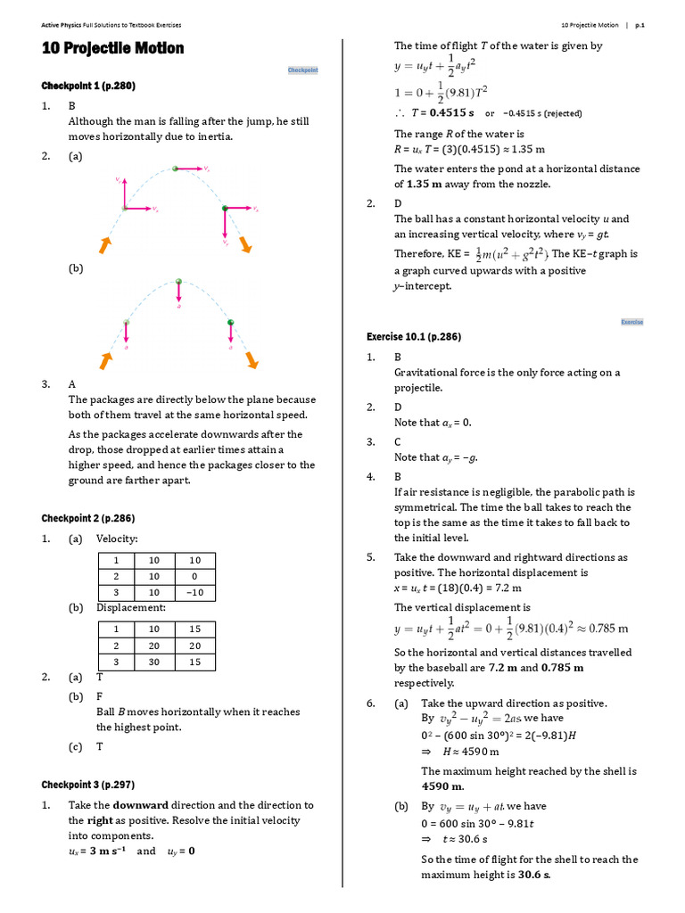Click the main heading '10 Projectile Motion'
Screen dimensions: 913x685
click(113, 48)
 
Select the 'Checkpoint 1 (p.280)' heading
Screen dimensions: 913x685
click(88, 86)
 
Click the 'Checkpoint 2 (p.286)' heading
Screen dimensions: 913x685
click(88, 518)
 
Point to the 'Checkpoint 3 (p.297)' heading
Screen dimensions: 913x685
click(88, 785)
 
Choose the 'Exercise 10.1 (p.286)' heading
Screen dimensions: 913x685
click(413, 336)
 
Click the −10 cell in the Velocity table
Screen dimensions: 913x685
click(194, 593)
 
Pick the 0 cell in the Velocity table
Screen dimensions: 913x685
click(194, 576)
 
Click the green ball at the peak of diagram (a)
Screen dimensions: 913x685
click(175, 168)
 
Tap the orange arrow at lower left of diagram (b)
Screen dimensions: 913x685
click(106, 359)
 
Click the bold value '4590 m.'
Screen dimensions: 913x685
click(443, 786)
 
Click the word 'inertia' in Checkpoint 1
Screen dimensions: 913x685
click(213, 136)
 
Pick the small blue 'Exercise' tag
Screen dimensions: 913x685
click(631, 322)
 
